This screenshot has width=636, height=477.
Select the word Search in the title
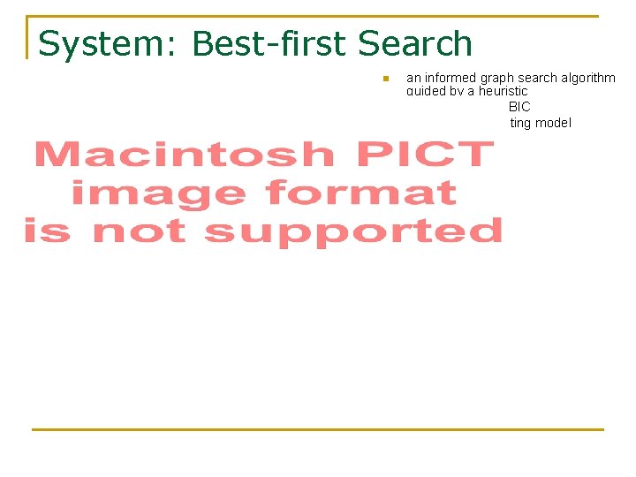pos(415,44)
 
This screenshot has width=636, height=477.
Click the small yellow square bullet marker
pos(385,79)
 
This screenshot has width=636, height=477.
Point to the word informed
pos(450,78)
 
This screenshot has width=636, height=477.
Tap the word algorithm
pos(588,78)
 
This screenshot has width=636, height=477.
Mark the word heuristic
pos(503,91)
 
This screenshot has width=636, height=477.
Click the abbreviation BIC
pos(519,107)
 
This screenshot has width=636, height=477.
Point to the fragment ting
pos(520,123)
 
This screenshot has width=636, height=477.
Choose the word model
pos(553,123)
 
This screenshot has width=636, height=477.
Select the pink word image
pos(159,193)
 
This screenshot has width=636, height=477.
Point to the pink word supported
pos(353,231)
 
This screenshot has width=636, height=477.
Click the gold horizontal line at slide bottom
pos(318,429)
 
